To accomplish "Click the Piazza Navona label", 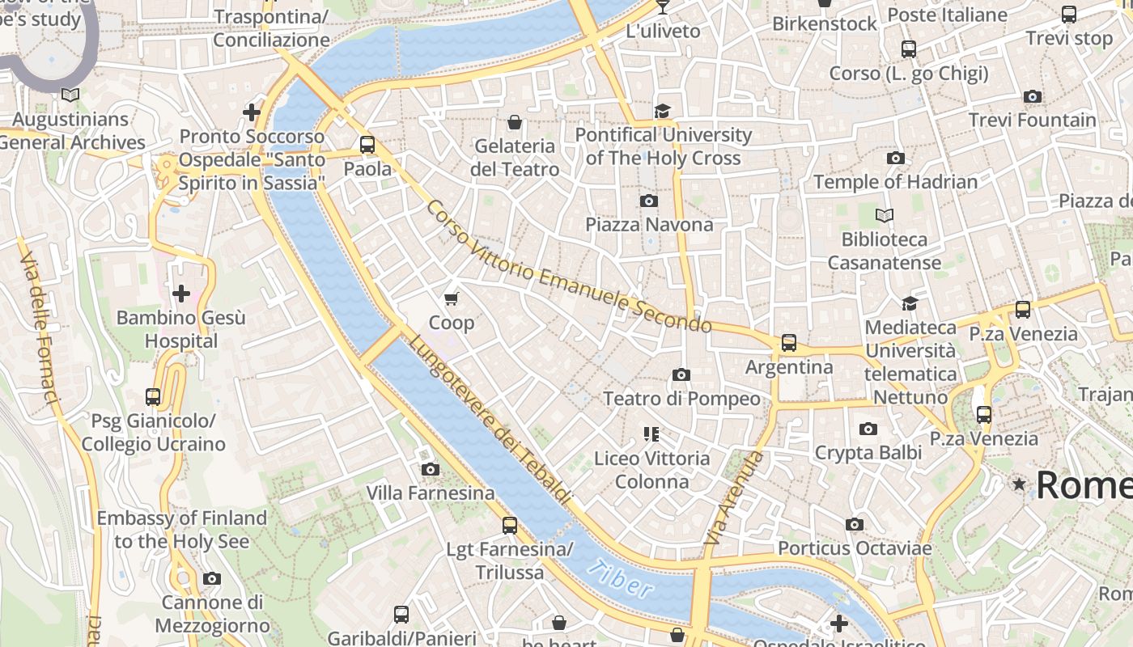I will pyautogui.click(x=649, y=225).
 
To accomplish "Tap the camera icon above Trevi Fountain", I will pyautogui.click(x=1032, y=97).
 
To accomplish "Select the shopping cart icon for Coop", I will pyautogui.click(x=452, y=299).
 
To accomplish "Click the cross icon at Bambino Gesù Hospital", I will pyautogui.click(x=181, y=293).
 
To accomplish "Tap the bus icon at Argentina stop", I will pyautogui.click(x=789, y=343).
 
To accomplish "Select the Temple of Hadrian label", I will pyautogui.click(x=896, y=182).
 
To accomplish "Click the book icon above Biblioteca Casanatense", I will pyautogui.click(x=885, y=216).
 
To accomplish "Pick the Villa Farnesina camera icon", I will pyautogui.click(x=431, y=469).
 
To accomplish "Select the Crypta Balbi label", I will pyautogui.click(x=868, y=452).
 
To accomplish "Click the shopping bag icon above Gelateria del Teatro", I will pyautogui.click(x=514, y=122).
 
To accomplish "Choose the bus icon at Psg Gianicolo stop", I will pyautogui.click(x=153, y=397).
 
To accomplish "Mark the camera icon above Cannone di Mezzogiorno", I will pyautogui.click(x=212, y=578).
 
